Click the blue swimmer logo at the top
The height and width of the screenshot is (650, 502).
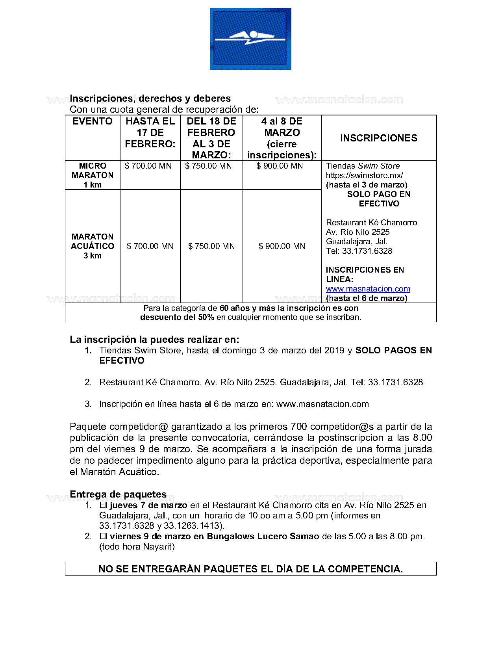(250, 39)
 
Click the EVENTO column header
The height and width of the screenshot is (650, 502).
(93, 121)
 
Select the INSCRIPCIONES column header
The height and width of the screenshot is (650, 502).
(379, 138)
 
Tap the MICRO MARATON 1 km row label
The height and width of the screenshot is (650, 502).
(93, 175)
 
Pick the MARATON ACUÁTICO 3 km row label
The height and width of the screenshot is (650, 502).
(93, 246)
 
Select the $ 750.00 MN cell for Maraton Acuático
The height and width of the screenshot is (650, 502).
(211, 246)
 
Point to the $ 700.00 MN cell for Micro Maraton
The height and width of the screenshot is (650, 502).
(148, 166)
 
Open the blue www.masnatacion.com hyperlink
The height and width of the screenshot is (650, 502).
(368, 289)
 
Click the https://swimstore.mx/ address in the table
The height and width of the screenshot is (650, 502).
(364, 175)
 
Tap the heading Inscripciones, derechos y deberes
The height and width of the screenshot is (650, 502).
(150, 98)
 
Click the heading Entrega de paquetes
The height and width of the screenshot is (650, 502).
(118, 494)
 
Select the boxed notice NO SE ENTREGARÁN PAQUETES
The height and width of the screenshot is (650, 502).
(250, 569)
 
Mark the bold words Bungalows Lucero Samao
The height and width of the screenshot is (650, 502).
(263, 537)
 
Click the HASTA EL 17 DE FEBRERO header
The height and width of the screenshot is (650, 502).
(150, 133)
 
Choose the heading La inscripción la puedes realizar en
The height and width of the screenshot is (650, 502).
(154, 340)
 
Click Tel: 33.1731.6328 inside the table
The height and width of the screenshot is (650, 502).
(359, 251)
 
